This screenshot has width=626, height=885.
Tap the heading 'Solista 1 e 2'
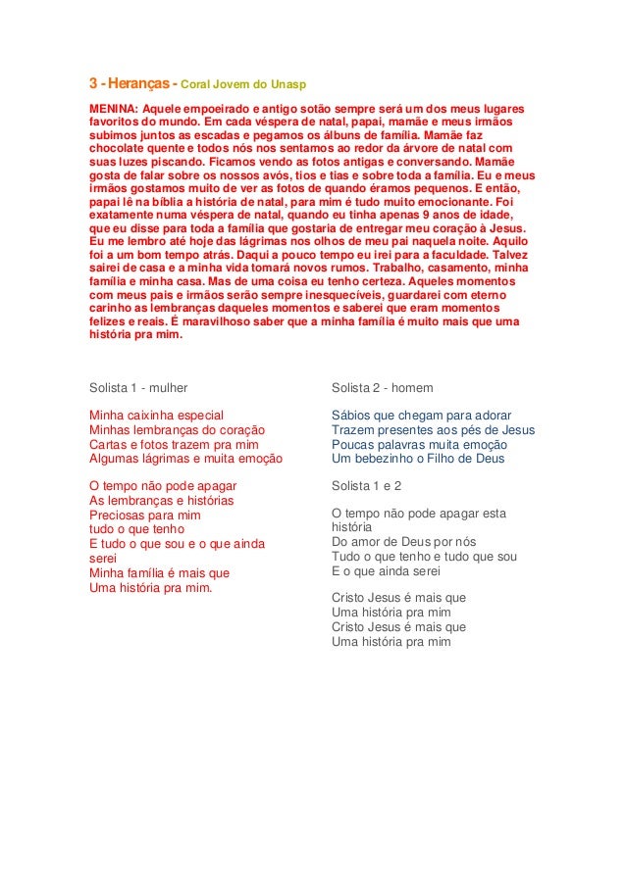366,485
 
